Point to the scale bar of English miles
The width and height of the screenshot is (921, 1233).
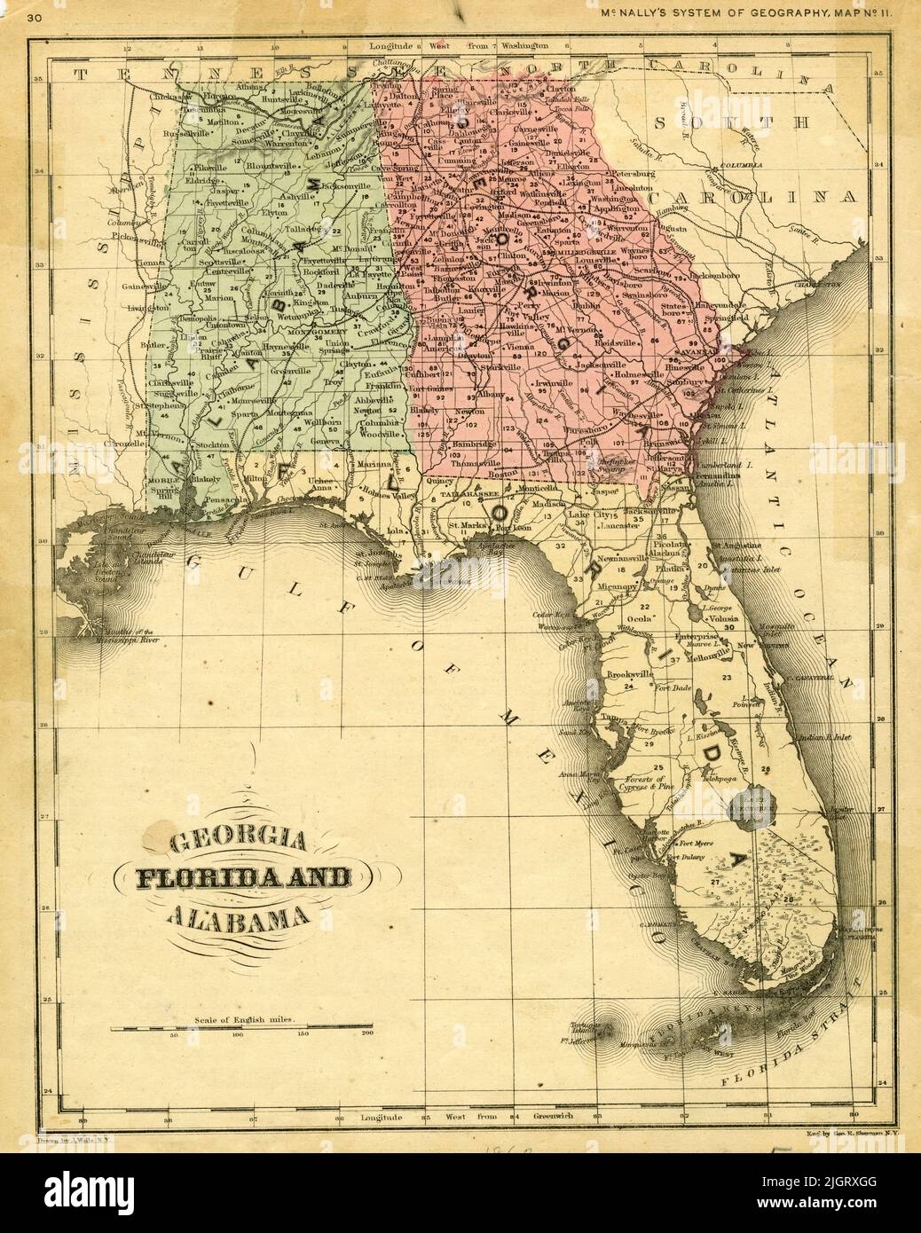[x=242, y=1030]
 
